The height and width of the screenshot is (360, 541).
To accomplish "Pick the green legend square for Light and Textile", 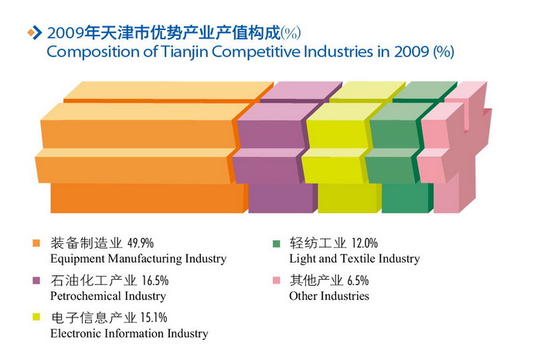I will click(x=276, y=243).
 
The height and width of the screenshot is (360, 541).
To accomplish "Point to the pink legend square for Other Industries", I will click(x=276, y=280).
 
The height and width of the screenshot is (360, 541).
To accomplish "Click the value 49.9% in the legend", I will click(x=146, y=243).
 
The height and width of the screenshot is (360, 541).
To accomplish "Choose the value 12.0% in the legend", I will click(x=365, y=243).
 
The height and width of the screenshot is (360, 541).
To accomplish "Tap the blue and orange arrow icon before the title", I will click(x=34, y=32).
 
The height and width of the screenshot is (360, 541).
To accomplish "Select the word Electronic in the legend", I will click(x=75, y=334).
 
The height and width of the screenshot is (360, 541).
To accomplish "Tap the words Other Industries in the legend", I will click(x=329, y=296).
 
